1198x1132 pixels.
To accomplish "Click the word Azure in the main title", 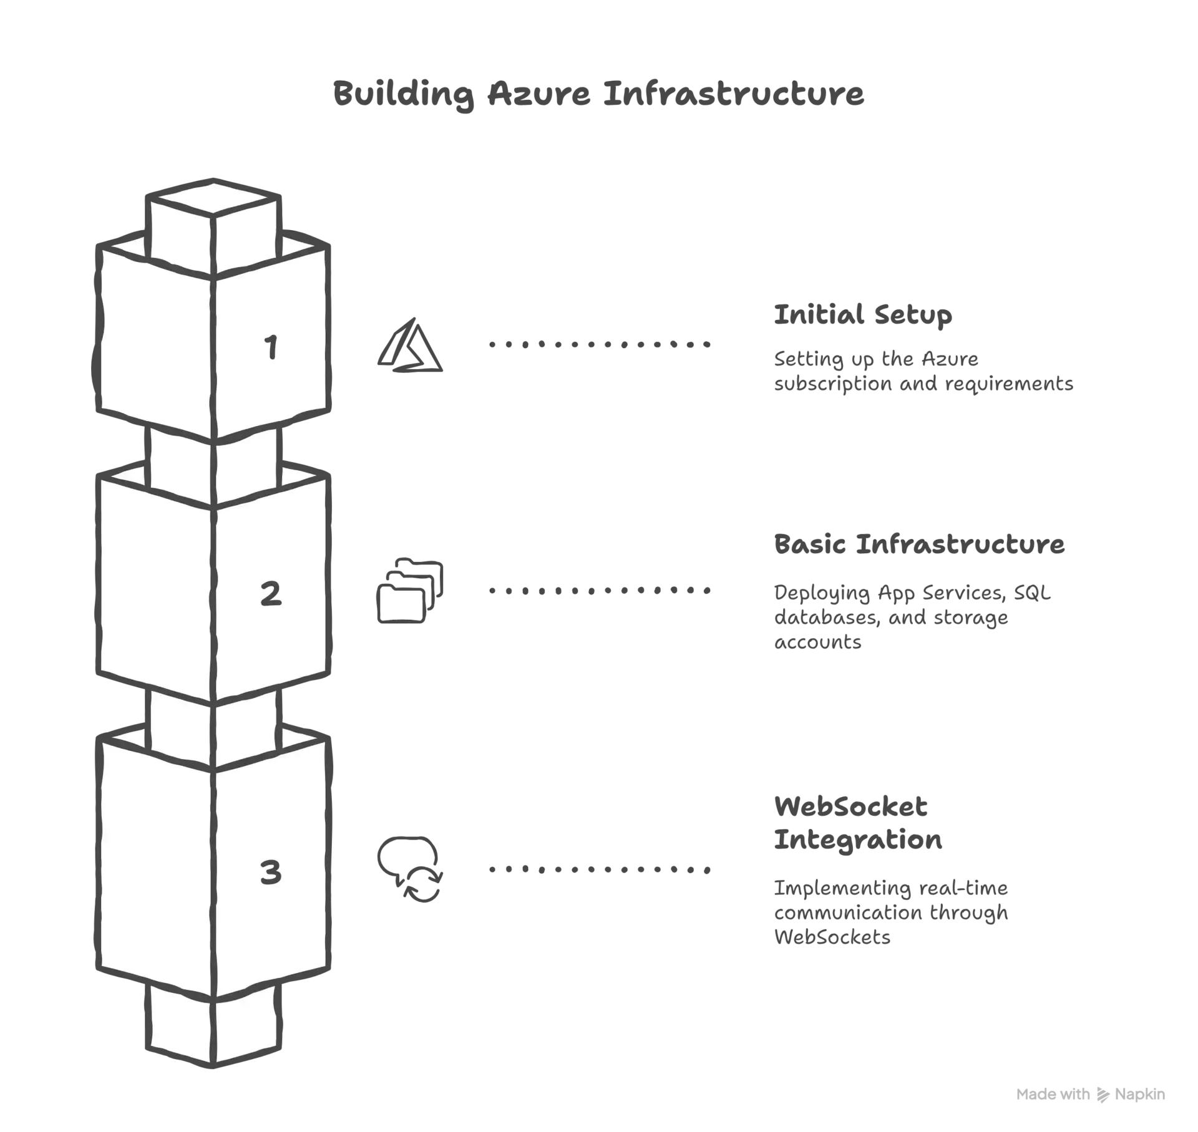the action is (x=539, y=94).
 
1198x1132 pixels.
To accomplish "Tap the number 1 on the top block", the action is (x=271, y=347).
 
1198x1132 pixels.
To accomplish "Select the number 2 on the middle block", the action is (x=271, y=593).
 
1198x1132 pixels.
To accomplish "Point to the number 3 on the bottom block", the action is (x=271, y=872).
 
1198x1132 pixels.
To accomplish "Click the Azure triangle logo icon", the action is (x=410, y=346).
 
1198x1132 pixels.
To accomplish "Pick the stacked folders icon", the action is (x=410, y=590).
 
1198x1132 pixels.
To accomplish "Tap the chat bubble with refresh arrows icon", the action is (x=410, y=869).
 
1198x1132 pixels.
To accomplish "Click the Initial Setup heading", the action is (x=863, y=315).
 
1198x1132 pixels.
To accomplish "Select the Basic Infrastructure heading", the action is (x=919, y=544).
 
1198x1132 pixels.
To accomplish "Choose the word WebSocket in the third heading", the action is (x=850, y=806).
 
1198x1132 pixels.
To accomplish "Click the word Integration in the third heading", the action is (x=858, y=840).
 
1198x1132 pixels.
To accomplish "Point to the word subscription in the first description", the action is (x=833, y=384).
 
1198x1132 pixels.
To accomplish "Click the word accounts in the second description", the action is (x=817, y=642).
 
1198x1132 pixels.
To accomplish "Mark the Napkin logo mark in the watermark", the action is (x=1103, y=1095).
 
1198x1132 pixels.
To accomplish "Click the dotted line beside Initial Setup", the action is (x=600, y=344).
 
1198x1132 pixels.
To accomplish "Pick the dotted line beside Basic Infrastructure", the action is (x=600, y=590).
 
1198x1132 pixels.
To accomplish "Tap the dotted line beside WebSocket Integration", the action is (x=600, y=869).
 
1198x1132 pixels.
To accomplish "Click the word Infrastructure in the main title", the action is (x=733, y=94).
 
